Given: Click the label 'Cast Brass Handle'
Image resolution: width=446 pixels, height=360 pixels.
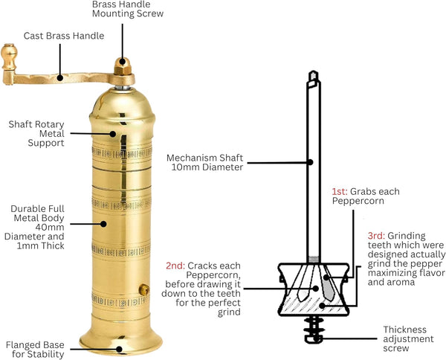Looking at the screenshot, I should (x=63, y=36).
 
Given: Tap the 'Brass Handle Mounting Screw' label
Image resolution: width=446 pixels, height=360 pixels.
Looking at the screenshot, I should (x=127, y=9).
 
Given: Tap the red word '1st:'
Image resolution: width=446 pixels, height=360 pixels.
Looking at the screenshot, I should (x=340, y=191).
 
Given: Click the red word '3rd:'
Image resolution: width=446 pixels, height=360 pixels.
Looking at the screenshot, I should (x=376, y=236).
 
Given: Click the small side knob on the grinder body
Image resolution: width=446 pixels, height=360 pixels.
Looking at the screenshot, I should (x=145, y=289).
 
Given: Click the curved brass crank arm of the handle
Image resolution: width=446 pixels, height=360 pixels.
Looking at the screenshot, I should (x=56, y=77).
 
